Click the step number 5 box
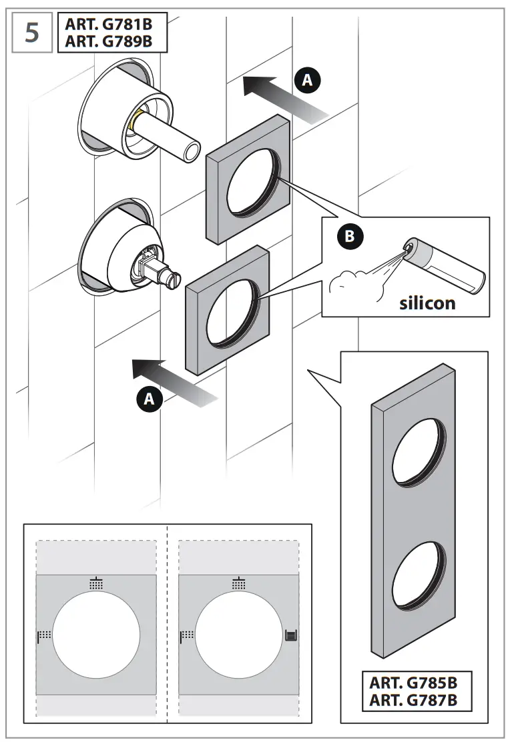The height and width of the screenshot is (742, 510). (32, 33)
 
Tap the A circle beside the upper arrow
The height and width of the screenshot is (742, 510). (307, 81)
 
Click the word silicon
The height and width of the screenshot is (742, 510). (427, 303)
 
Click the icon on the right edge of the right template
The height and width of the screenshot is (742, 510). (290, 635)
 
